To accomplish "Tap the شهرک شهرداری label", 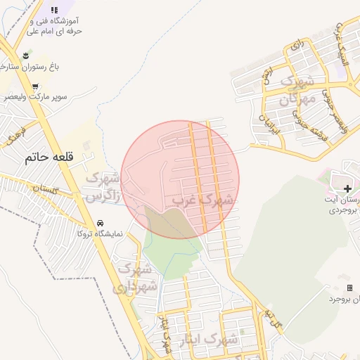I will coord(135,278).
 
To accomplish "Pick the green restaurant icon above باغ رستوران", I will coord(26,53).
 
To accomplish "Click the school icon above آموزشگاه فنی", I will coord(56,9).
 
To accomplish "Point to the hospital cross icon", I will coord(349,188).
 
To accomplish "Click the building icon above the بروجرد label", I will coord(349,288).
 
